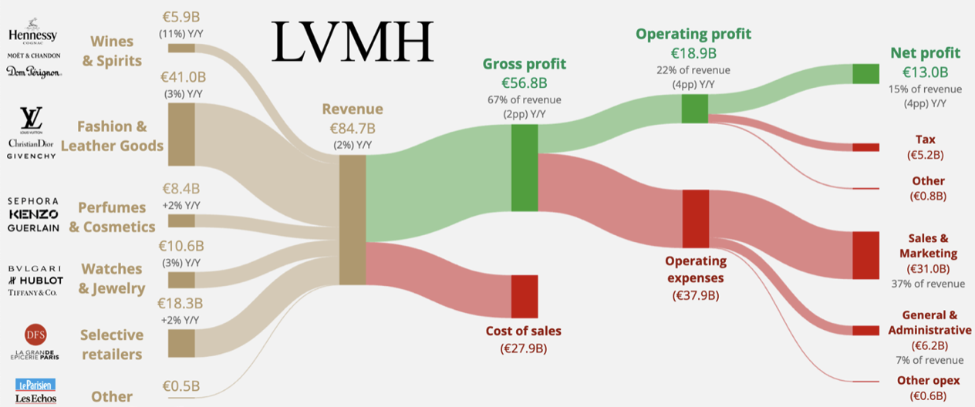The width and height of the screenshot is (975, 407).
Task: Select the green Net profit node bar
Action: pyautogui.click(x=865, y=74)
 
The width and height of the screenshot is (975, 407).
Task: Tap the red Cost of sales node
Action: pyautogui.click(x=525, y=296)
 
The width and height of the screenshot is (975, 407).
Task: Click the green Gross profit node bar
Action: pyautogui.click(x=525, y=167)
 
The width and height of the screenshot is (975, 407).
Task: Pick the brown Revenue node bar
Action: pyautogui.click(x=353, y=220)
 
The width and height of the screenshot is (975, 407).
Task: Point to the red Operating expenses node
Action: pyautogui.click(x=695, y=218)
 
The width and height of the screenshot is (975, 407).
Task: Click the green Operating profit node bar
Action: pyautogui.click(x=694, y=108)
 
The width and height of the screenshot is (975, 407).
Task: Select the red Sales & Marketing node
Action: pyautogui.click(x=865, y=254)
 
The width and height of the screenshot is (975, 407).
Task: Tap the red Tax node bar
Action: pyautogui.click(x=865, y=147)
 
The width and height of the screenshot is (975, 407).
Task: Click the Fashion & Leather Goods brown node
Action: pyautogui.click(x=181, y=134)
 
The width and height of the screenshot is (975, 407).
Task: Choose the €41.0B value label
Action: pyautogui.click(x=183, y=78)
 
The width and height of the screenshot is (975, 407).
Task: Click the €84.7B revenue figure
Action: pyautogui.click(x=353, y=128)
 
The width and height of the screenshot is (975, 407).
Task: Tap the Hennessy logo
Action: pyautogui.click(x=32, y=36)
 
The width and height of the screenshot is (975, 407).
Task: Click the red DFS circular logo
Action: pyautogui.click(x=32, y=335)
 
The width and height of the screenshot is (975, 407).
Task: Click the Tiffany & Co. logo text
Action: pyautogui.click(x=32, y=292)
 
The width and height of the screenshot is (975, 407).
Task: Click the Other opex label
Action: pyautogui.click(x=928, y=381)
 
